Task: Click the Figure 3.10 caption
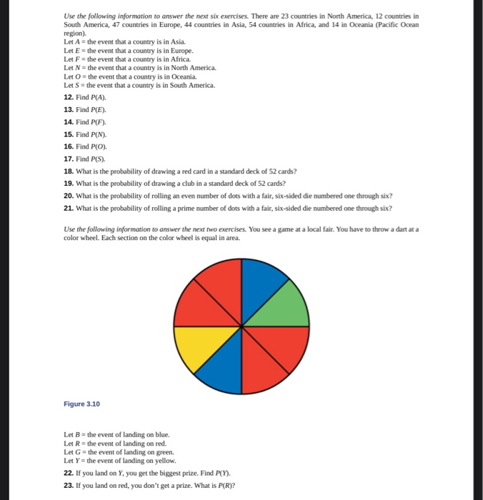81,404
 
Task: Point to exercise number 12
69,96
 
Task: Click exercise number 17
69,158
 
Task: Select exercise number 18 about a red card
69,171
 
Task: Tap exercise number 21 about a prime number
69,208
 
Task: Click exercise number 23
69,485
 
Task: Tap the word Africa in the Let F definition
181,59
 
